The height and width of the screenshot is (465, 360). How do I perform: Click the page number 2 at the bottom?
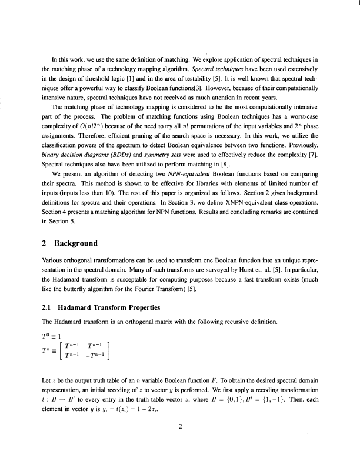point(180,427)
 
